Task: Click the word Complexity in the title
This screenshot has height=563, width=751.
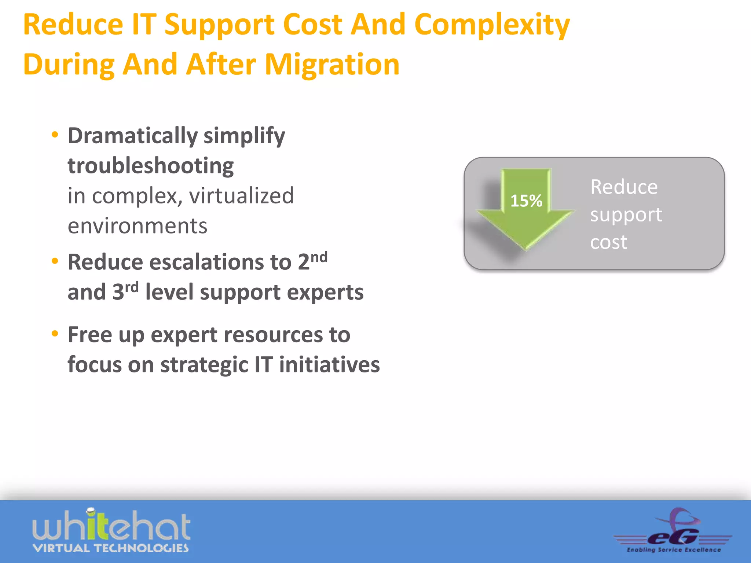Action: pyautogui.click(x=492, y=25)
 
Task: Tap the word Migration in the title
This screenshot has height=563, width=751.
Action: pyautogui.click(x=332, y=65)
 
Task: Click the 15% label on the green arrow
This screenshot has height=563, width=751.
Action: pyautogui.click(x=526, y=201)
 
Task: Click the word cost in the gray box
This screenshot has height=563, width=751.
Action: pyautogui.click(x=608, y=243)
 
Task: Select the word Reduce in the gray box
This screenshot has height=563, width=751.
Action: pyautogui.click(x=624, y=187)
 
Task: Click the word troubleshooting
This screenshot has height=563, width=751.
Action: pyautogui.click(x=151, y=166)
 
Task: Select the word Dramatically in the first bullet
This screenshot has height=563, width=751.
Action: pyautogui.click(x=132, y=136)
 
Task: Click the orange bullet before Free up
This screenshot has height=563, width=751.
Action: pyautogui.click(x=55, y=334)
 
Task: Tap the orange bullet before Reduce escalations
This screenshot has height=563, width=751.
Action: pyautogui.click(x=55, y=261)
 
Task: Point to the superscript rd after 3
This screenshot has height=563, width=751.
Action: pyautogui.click(x=132, y=287)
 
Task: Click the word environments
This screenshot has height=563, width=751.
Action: pyautogui.click(x=138, y=226)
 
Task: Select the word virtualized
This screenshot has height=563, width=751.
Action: pyautogui.click(x=241, y=196)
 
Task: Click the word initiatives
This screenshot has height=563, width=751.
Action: pyautogui.click(x=329, y=365)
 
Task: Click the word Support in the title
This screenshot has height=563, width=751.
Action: pyautogui.click(x=219, y=25)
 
